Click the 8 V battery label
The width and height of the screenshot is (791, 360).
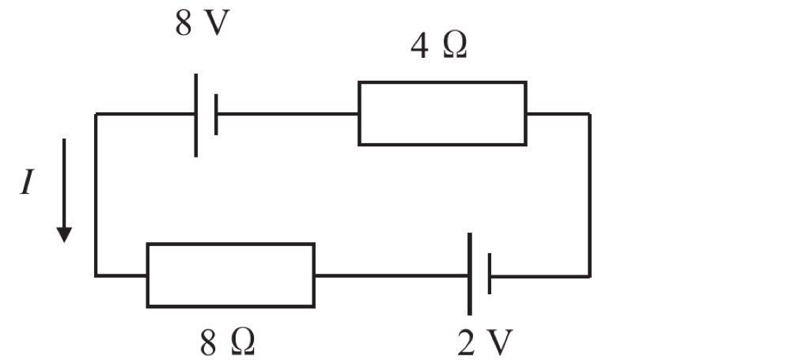[x=202, y=23]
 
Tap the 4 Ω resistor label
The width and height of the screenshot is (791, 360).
[x=439, y=47]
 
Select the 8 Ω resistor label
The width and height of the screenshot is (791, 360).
[x=228, y=344]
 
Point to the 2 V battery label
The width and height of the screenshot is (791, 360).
[x=485, y=343]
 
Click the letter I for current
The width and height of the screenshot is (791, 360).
[x=27, y=181]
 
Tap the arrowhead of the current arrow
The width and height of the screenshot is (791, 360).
[x=64, y=235]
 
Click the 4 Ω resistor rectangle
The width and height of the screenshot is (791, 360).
[x=442, y=81]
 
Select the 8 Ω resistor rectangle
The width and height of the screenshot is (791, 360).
[x=230, y=244]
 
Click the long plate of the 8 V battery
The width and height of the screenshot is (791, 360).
[x=195, y=115]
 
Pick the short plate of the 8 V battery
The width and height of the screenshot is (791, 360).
[x=216, y=115]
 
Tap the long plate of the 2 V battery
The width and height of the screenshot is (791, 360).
[x=470, y=274]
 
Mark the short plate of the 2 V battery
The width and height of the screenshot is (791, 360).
[x=490, y=274]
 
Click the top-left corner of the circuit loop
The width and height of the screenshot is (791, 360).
[x=96, y=114]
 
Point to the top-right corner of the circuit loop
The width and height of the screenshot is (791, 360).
[x=589, y=114]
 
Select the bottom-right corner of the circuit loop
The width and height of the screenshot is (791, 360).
[x=589, y=276]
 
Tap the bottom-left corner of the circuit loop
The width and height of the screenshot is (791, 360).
[x=96, y=275]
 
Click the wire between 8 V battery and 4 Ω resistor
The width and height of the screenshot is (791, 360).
[x=288, y=114]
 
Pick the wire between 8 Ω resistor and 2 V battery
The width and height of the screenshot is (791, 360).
[x=392, y=275]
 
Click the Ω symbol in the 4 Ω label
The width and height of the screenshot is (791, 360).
[x=455, y=47]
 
